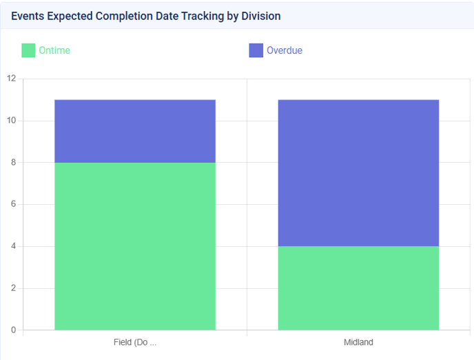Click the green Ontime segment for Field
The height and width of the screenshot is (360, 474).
(135, 246)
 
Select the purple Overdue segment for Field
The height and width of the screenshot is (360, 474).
(135, 131)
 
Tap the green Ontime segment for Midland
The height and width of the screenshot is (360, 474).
(358, 288)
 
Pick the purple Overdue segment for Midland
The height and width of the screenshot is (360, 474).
(358, 172)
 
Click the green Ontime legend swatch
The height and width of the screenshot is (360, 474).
(28, 50)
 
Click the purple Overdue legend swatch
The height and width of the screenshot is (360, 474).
(256, 50)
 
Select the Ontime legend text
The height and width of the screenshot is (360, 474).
(54, 50)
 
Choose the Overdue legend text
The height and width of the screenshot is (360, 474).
(285, 50)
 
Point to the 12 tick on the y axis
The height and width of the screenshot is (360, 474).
(11, 79)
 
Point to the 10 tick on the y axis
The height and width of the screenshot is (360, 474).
(11, 121)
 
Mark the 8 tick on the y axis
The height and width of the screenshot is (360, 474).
(13, 163)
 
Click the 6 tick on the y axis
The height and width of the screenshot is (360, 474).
(13, 204)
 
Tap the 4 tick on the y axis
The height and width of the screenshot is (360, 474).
(13, 246)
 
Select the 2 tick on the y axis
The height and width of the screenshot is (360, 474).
(13, 288)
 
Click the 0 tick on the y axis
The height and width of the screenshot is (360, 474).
(13, 330)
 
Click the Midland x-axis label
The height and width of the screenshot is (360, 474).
(358, 342)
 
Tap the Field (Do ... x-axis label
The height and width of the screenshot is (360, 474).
(135, 342)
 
